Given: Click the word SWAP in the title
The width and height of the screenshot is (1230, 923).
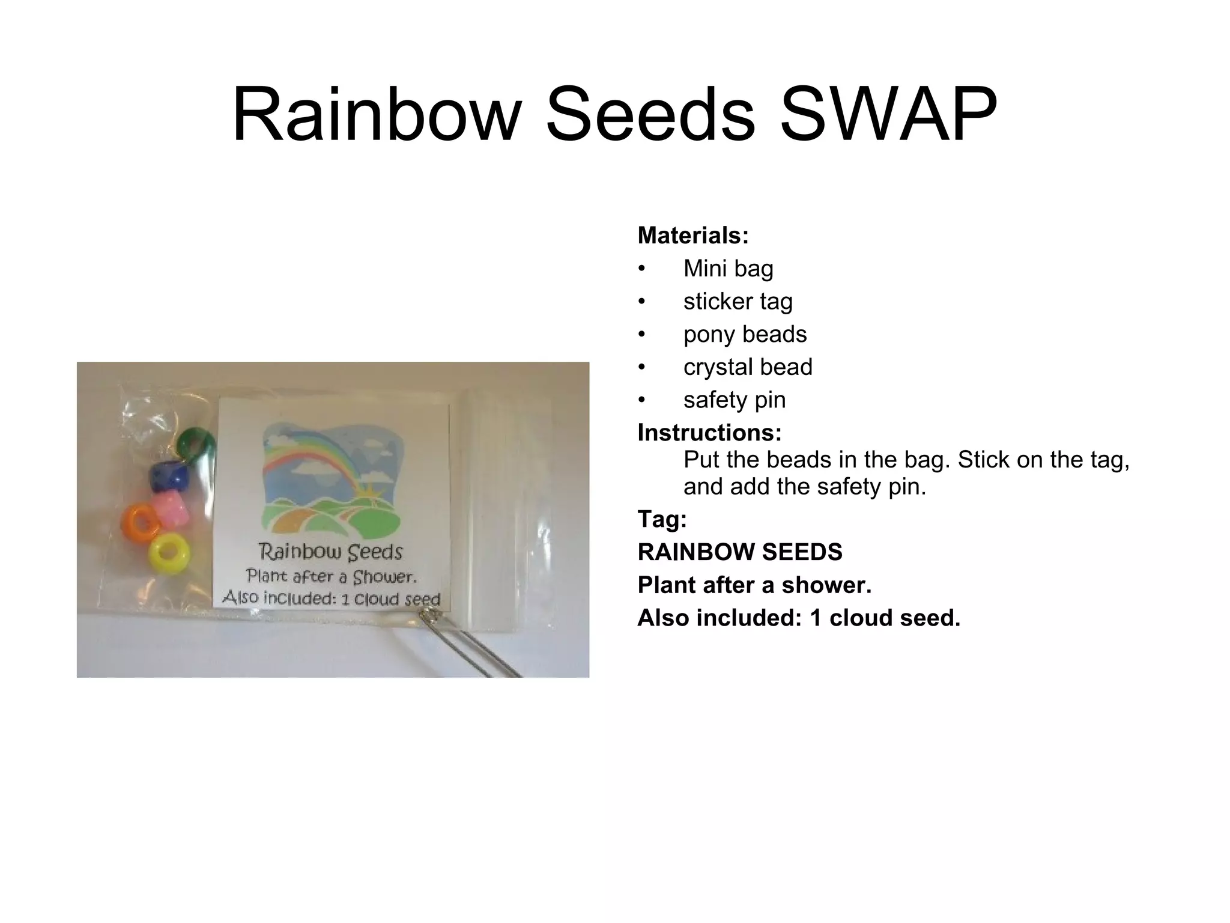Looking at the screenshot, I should tap(888, 114).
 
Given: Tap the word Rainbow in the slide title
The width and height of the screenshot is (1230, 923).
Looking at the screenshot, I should tap(376, 114).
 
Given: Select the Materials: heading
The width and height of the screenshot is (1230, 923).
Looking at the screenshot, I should tap(693, 236).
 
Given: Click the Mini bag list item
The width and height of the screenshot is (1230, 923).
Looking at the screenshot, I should tap(728, 269).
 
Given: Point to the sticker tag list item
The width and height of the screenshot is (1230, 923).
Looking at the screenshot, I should tap(738, 301).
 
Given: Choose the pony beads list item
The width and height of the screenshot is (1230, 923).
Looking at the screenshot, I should tap(745, 334).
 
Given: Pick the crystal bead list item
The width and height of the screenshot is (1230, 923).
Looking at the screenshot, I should tap(748, 367).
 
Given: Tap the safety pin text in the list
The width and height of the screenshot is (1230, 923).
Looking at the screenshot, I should tap(734, 400).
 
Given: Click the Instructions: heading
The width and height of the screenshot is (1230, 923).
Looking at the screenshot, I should tap(709, 433).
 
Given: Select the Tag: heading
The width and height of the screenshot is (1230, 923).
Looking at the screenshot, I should tap(662, 519).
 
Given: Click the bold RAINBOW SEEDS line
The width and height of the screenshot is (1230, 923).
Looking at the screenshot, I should tap(740, 552).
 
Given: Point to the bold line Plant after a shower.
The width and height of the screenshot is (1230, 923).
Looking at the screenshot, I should tap(754, 585).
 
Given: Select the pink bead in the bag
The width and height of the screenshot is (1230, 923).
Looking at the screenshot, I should tap(170, 507).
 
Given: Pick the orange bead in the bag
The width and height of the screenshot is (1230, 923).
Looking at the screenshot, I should tap(140, 520).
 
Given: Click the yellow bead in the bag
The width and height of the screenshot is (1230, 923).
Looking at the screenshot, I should tap(169, 553).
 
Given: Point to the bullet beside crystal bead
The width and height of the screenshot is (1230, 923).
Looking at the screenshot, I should tap(641, 367).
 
